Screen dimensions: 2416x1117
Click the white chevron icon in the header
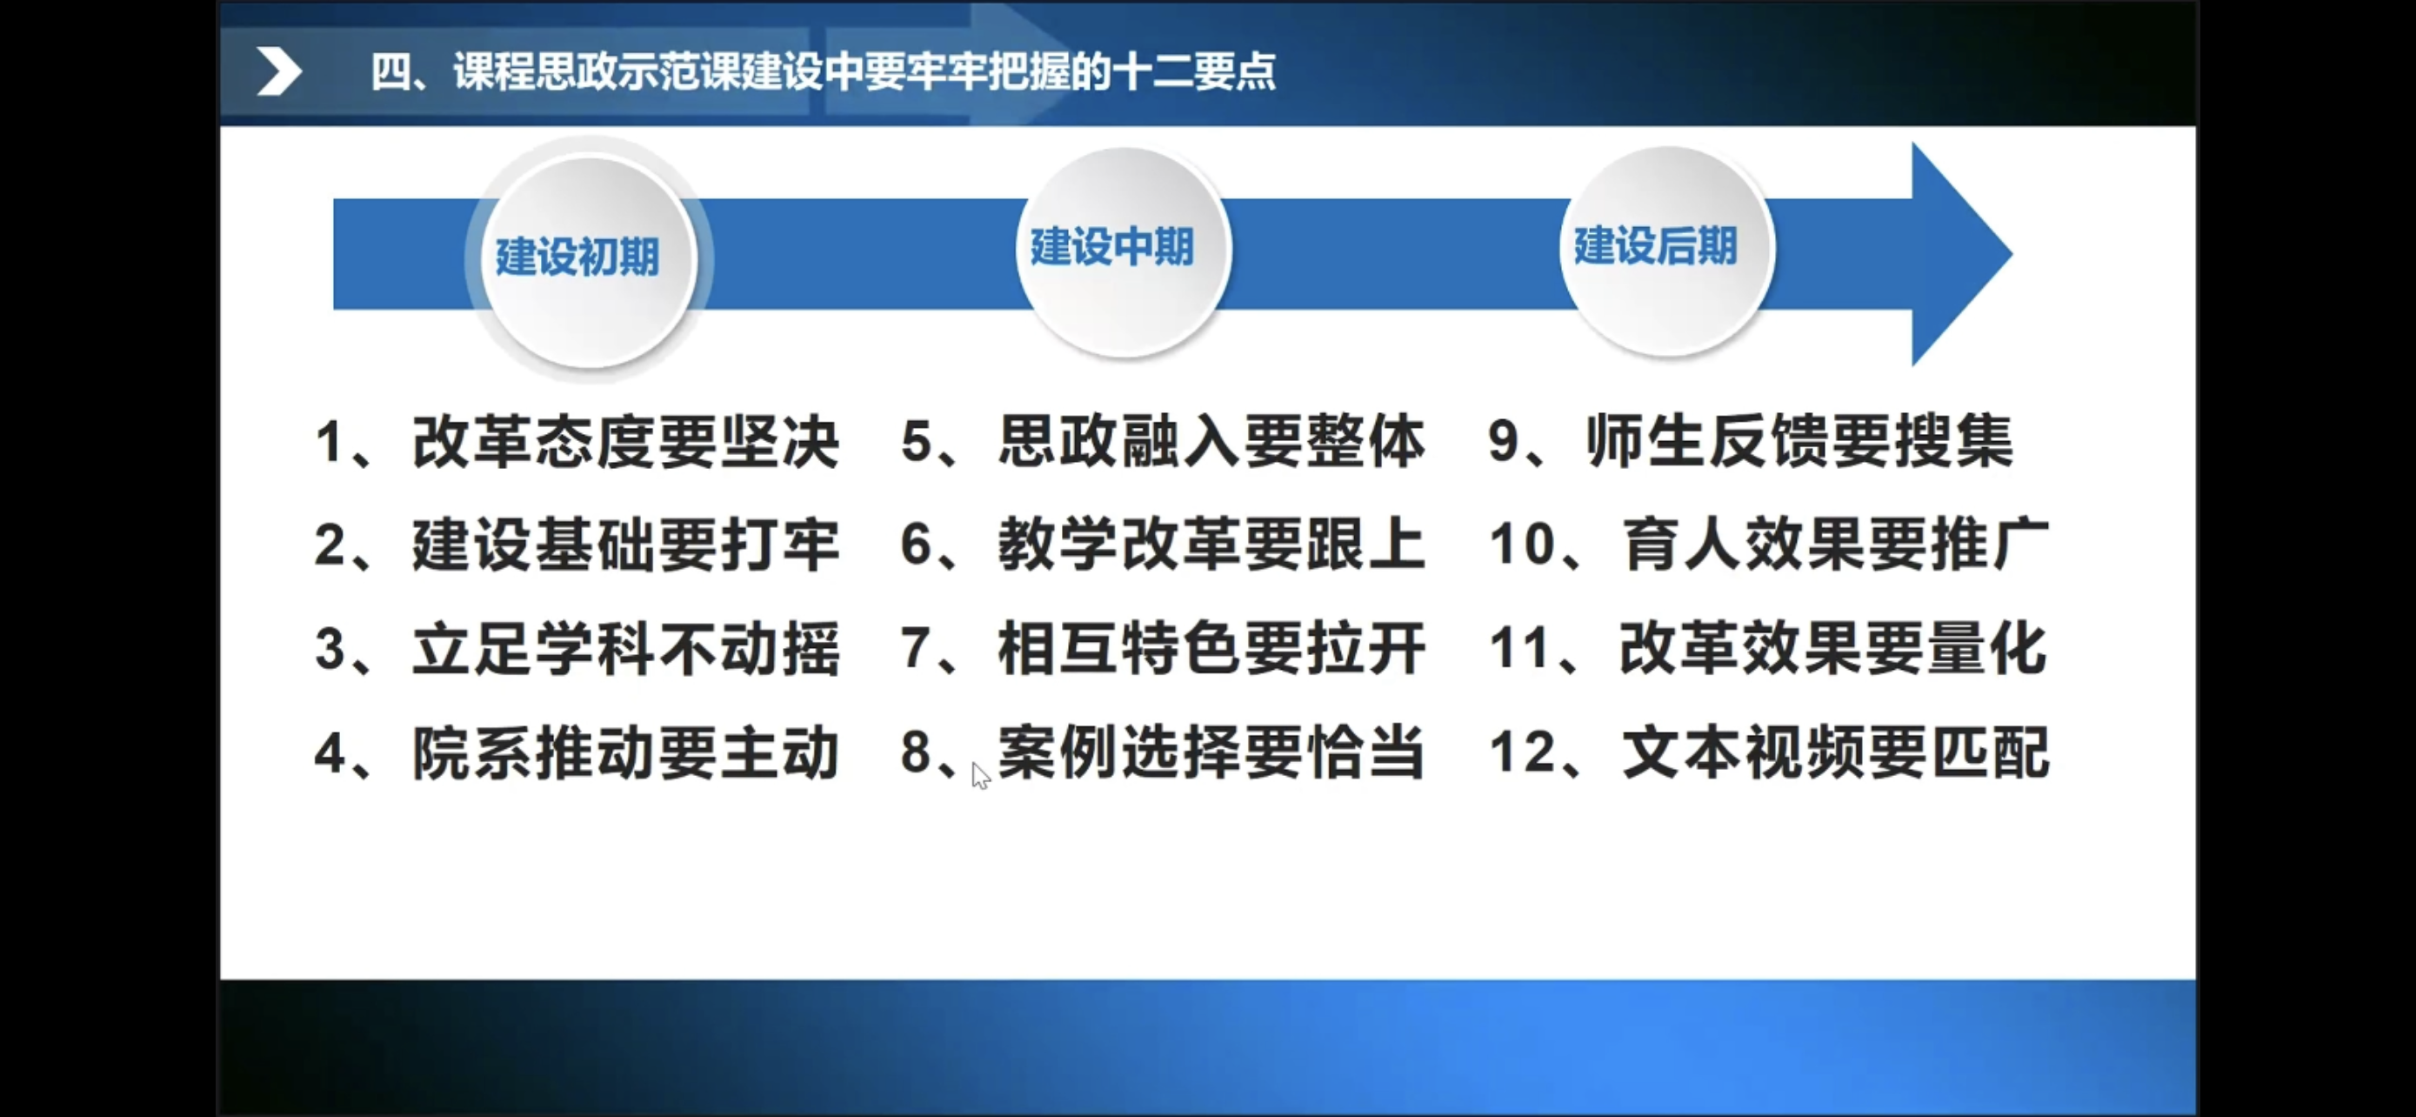278,71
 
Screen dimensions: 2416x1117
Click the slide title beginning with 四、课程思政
823,71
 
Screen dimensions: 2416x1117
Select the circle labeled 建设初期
589,260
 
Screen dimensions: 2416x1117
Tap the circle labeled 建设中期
1124,251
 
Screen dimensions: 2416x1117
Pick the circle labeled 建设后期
1666,251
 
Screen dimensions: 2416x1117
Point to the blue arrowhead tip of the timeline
2011,253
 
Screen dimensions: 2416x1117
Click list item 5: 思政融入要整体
1163,441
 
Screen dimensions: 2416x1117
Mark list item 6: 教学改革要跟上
1163,544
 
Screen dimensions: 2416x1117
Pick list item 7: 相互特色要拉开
1163,648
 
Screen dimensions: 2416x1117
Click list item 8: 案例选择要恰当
1163,752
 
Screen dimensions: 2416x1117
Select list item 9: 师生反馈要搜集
1750,441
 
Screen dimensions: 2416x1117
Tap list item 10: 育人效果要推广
1769,544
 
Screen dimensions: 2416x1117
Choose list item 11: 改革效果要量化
1769,648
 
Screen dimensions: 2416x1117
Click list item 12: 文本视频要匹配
1769,752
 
